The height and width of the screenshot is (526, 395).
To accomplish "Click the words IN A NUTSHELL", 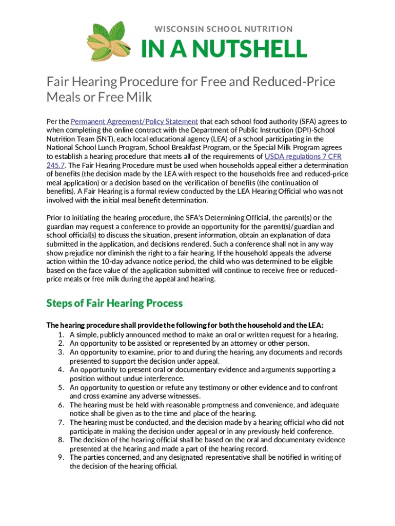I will [224, 50].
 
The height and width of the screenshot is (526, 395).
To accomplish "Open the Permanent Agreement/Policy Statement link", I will [134, 122].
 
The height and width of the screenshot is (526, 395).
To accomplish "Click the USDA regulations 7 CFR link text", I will [303, 157].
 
